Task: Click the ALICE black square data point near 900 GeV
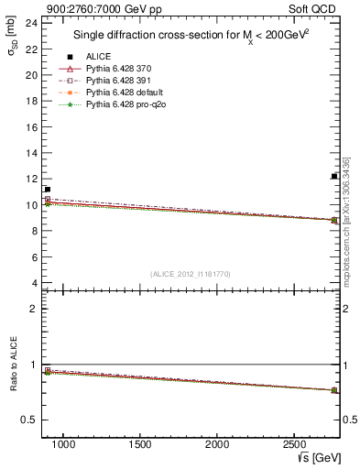[x=47, y=190]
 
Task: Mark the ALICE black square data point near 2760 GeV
[x=334, y=176]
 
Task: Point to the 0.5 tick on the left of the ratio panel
[x=30, y=420]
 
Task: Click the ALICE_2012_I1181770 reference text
[x=189, y=273]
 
